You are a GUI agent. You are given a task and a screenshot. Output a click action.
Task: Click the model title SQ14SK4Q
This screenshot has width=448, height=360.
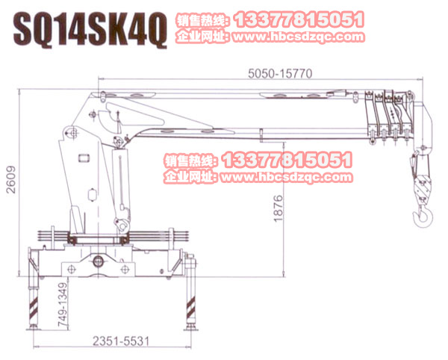pos(90,29)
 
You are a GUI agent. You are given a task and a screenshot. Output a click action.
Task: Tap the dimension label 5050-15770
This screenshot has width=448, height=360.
pos(280,73)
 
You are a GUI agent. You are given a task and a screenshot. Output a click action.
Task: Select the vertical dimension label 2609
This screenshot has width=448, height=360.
pos(11,179)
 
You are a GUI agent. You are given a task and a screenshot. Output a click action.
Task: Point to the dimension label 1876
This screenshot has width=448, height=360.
pos(278,208)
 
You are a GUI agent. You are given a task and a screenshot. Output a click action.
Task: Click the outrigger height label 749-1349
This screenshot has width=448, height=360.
pos(63,305)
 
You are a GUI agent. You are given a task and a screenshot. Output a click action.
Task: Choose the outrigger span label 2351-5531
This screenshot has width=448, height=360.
pos(121,341)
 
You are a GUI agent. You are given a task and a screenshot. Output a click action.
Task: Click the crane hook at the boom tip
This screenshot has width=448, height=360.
pos(423,215)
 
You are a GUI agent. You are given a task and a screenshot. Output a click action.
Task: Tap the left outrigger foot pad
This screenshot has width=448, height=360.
pos(34,328)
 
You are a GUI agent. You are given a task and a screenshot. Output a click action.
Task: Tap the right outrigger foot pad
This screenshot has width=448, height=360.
pos(191,327)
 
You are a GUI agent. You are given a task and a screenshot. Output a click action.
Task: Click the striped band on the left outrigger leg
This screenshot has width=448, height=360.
pos(34,309)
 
